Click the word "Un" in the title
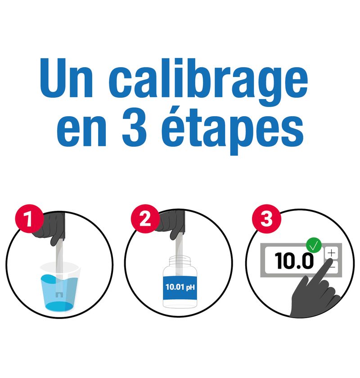(x=66, y=78)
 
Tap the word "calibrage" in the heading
(x=208, y=82)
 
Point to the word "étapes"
(x=232, y=132)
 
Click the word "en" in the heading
(x=81, y=132)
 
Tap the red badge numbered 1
(x=29, y=219)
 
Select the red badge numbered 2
(x=145, y=219)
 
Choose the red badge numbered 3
(x=266, y=219)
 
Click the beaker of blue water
(x=60, y=287)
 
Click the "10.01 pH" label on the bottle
(x=180, y=287)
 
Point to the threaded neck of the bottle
(x=180, y=261)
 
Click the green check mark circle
(x=314, y=245)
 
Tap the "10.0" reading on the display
(x=294, y=260)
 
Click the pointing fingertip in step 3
(x=329, y=262)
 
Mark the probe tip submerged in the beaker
(x=59, y=295)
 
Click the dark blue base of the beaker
(x=59, y=306)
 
